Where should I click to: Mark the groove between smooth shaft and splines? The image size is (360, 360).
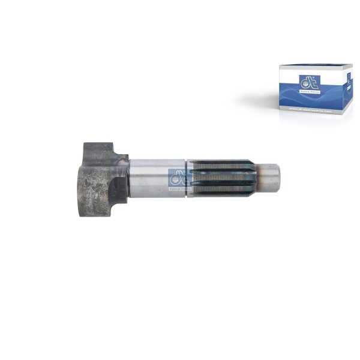click(187, 178)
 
